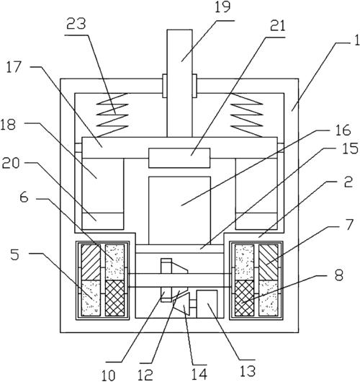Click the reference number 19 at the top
pyautogui.click(x=222, y=7)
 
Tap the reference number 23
pyautogui.click(x=76, y=24)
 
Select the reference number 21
pyautogui.click(x=278, y=25)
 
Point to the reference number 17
pyautogui.click(x=14, y=67)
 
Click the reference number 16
pyautogui.click(x=343, y=130)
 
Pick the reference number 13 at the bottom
pyautogui.click(x=248, y=370)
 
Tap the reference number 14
pyautogui.click(x=199, y=374)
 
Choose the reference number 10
pyautogui.click(x=108, y=375)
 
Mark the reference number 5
pyautogui.click(x=14, y=254)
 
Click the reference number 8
pyautogui.click(x=339, y=275)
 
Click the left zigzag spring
pyautogui.click(x=112, y=115)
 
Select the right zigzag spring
pyautogui.click(x=247, y=115)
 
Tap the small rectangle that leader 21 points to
pyautogui.click(x=179, y=158)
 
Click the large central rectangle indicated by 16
pyautogui.click(x=179, y=210)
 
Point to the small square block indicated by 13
pyautogui.click(x=207, y=304)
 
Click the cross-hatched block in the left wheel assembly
pyautogui.click(x=114, y=298)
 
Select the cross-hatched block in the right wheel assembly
pyautogui.click(x=244, y=298)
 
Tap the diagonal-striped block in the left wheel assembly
pyautogui.click(x=91, y=262)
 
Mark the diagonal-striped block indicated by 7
pyautogui.click(x=269, y=262)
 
